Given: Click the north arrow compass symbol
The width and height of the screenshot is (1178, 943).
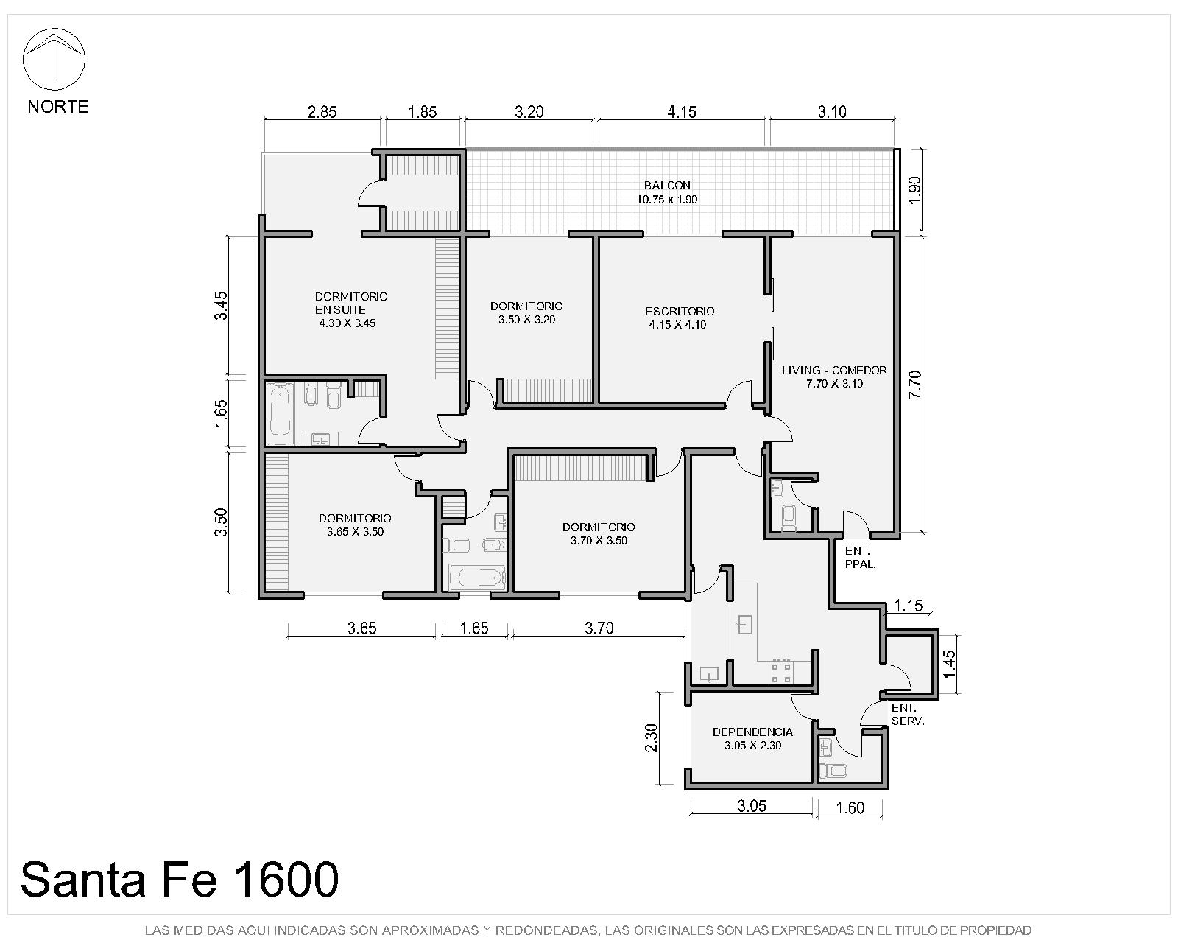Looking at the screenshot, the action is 54,59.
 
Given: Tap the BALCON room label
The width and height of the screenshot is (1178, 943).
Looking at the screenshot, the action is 667,185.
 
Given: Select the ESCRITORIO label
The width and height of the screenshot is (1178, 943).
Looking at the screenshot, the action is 680,311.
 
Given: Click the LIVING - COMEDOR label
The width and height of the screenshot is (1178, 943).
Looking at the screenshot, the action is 833,371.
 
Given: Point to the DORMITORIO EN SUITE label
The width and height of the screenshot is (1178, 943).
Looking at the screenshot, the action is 351,303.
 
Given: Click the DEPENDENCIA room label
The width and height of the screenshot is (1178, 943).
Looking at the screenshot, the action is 752,732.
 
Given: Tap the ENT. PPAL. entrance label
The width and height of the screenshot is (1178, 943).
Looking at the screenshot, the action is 860,558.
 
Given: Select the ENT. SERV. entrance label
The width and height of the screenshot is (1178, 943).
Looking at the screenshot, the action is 908,715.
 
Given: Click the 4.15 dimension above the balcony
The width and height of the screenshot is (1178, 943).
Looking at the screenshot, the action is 681,112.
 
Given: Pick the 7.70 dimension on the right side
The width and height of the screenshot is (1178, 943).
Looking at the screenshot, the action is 914,385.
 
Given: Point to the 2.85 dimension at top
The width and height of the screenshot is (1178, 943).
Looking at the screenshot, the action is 322,112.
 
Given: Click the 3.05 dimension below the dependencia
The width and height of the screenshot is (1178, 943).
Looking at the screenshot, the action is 751,806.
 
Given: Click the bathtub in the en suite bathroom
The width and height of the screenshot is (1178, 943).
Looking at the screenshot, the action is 281,414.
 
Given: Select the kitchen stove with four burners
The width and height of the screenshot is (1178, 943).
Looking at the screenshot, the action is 781,673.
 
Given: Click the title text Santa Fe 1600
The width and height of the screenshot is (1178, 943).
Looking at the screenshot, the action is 180,880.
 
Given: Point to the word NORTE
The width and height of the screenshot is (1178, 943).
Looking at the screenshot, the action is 58,106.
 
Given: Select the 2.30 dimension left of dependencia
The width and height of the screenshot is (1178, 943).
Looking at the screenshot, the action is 651,738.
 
